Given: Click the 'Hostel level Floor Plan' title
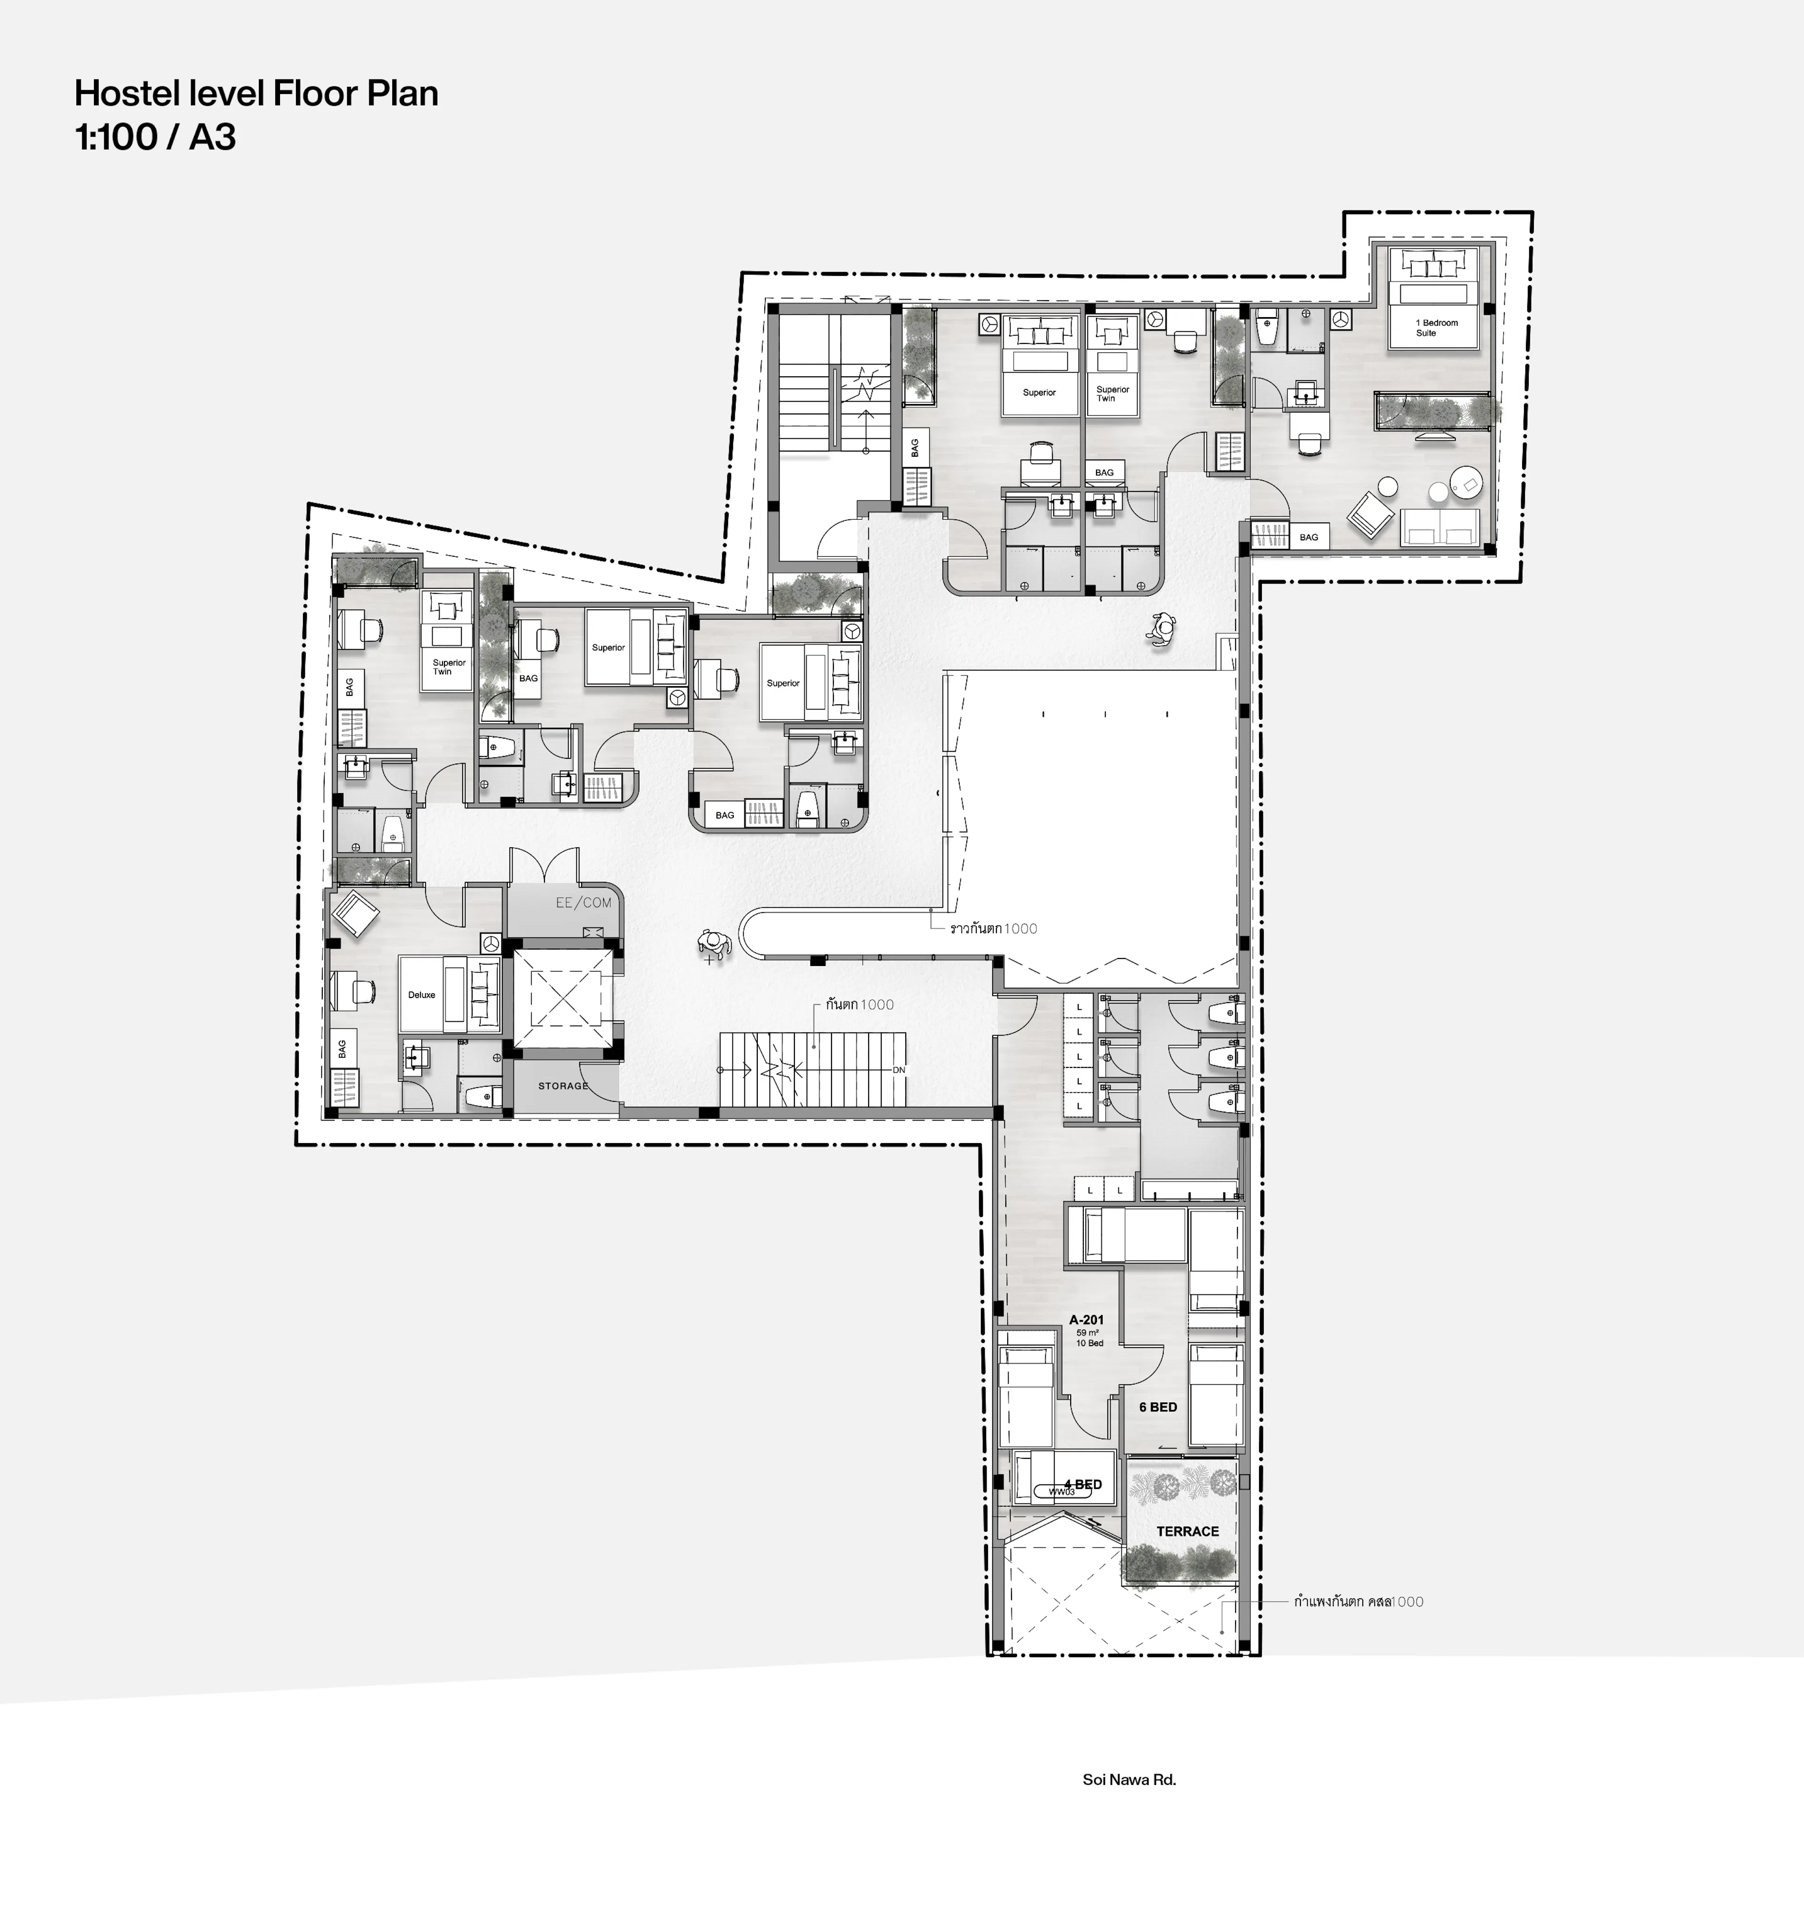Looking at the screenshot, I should pos(257,93).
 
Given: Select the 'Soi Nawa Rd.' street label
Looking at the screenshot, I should pos(1128,1779).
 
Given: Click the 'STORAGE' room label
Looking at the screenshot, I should pos(563,1085).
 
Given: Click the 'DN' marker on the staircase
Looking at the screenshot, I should pos(898,1070).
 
